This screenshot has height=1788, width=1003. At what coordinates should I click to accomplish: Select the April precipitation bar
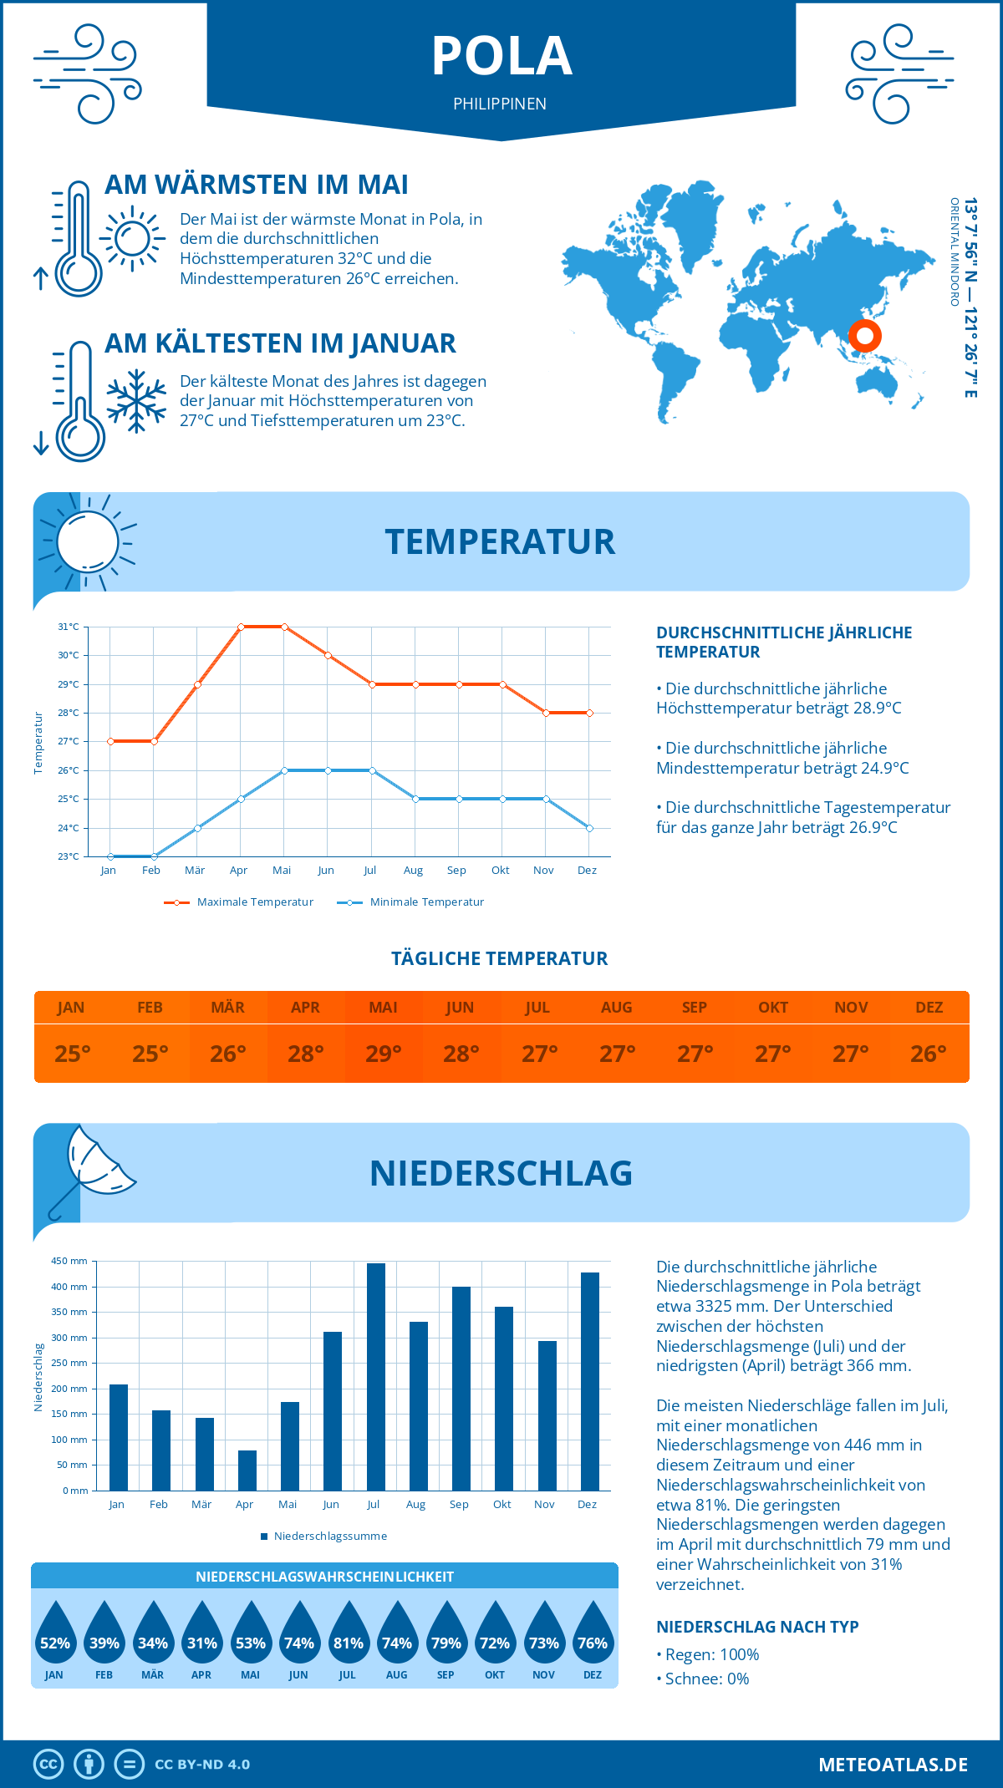tap(247, 1471)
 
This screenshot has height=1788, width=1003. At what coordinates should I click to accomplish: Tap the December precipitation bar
tap(590, 1382)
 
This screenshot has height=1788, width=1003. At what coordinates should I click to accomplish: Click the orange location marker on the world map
tap(865, 336)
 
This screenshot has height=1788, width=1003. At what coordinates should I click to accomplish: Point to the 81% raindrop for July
tap(349, 1633)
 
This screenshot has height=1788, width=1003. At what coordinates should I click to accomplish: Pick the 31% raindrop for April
tap(202, 1633)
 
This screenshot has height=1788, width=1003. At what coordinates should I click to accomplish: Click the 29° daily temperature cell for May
tap(384, 1054)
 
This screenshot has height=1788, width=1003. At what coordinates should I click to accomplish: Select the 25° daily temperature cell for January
tap(73, 1054)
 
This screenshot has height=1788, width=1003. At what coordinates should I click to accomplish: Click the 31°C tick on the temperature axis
tap(69, 627)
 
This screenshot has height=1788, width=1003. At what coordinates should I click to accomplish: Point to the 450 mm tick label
tap(69, 1261)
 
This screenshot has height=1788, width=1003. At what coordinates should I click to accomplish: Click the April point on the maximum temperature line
tap(241, 627)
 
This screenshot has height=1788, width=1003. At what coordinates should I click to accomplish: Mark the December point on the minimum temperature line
tap(589, 828)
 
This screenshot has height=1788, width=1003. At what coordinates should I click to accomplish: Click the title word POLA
tap(501, 57)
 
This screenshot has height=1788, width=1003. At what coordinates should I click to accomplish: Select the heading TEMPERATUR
tap(500, 541)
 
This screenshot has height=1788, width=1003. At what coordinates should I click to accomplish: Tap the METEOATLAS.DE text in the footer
tap(893, 1765)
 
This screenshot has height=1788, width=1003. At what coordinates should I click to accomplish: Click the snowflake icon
tap(136, 401)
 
